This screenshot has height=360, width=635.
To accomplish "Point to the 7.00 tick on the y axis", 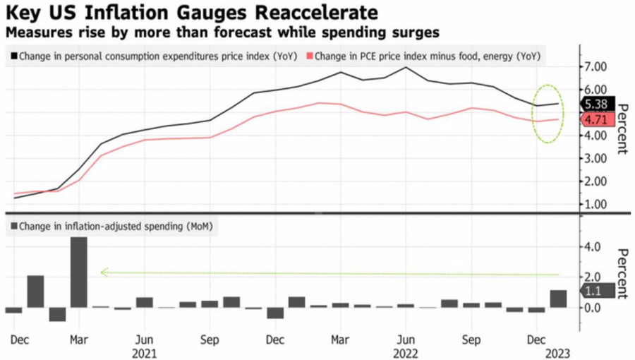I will point(594,66).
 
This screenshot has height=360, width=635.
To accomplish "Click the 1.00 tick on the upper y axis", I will point(594,205).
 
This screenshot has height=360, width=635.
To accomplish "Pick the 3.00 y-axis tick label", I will point(594,158).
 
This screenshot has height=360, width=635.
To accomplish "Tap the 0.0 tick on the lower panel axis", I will point(591,308).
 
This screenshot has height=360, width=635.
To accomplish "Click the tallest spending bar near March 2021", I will point(79,272).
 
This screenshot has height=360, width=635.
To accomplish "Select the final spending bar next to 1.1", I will point(558,299).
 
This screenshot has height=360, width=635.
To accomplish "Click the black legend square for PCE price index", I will point(13,56).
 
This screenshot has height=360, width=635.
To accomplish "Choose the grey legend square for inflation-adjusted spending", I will point(13,227).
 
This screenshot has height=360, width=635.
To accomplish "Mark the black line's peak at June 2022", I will point(406,68).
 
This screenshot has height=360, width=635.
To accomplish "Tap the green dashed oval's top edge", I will point(548,84).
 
